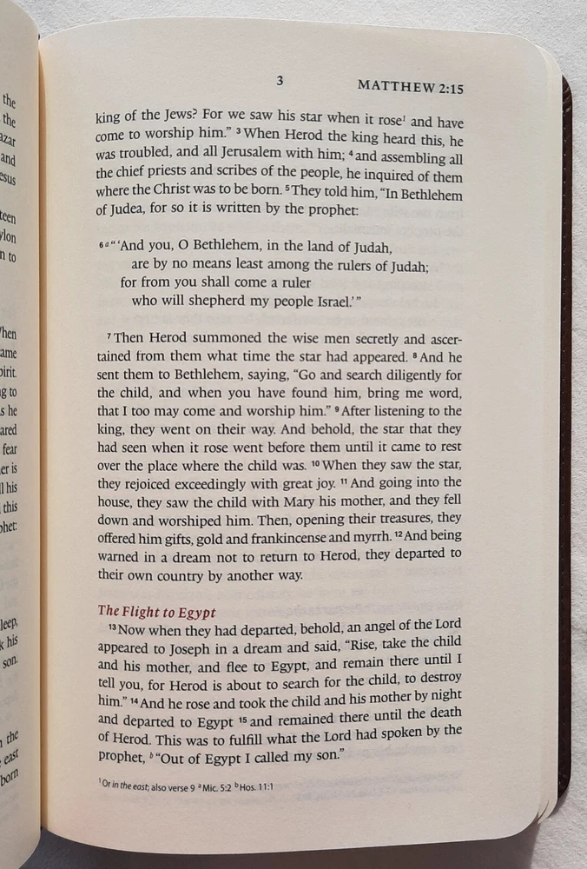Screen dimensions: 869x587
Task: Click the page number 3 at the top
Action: (280, 81)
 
